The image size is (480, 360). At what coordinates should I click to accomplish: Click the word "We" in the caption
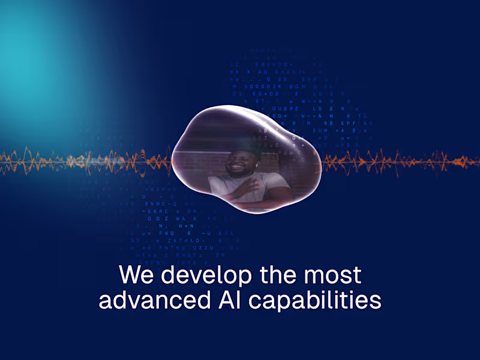coord(136,275)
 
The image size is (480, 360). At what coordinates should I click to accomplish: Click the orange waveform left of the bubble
coord(90,161)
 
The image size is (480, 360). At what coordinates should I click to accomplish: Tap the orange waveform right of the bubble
coord(396,161)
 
